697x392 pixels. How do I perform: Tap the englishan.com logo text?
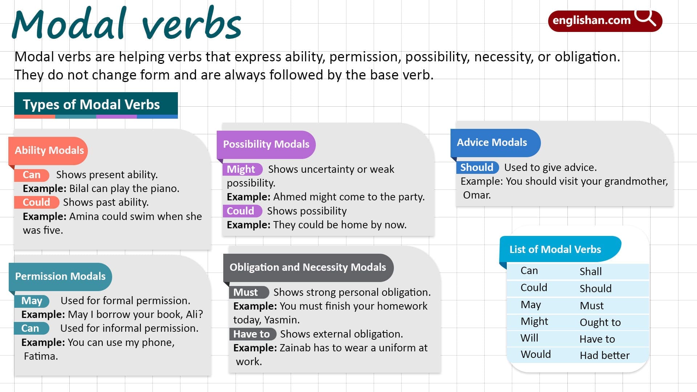click(x=591, y=20)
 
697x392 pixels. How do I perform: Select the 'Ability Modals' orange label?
click(x=49, y=150)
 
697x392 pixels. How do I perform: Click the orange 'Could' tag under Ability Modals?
click(x=36, y=202)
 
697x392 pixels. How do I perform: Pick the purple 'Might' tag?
click(x=241, y=169)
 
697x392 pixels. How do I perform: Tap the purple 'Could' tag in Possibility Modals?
click(x=241, y=211)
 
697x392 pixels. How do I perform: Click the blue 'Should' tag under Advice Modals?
click(x=477, y=167)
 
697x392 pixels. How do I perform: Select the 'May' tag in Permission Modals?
click(x=32, y=301)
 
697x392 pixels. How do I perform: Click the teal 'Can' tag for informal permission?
click(x=30, y=328)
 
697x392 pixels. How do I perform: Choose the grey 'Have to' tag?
click(x=252, y=334)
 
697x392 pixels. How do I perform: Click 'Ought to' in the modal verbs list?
click(x=600, y=322)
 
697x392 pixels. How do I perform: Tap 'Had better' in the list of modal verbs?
click(x=604, y=355)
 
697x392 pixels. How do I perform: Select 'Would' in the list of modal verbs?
click(x=535, y=354)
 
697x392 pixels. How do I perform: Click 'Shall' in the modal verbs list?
click(x=591, y=271)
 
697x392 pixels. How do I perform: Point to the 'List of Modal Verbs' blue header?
click(x=555, y=249)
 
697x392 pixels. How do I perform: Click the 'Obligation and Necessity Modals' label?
click(x=307, y=267)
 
